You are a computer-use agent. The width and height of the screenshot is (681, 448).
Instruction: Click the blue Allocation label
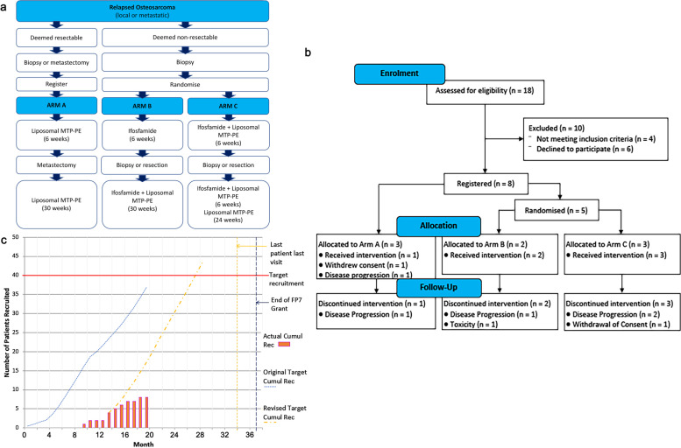pos(437,225)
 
